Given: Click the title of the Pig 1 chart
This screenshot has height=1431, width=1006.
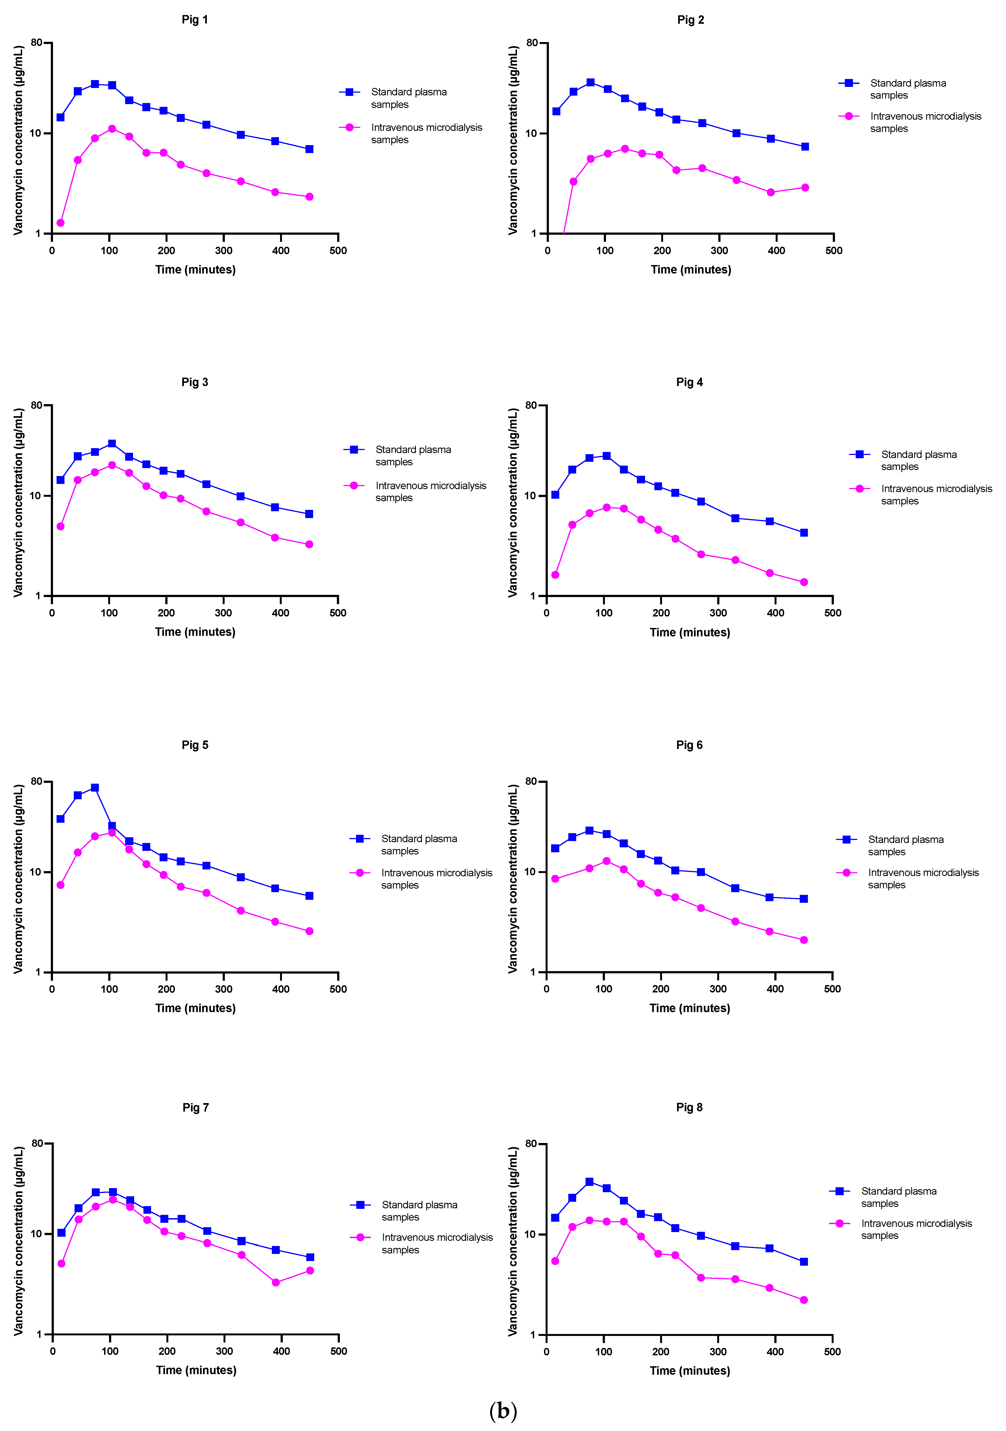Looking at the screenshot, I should click(195, 20).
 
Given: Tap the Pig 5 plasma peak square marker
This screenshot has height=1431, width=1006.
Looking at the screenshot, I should click(95, 788).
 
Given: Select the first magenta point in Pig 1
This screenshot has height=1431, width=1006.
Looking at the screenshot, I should click(60, 222).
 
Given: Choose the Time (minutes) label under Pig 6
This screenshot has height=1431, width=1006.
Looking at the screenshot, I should click(689, 1008).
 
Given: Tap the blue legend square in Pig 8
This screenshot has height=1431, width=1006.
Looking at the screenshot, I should click(840, 1191).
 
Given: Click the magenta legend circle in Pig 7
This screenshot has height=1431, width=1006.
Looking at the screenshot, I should click(360, 1237).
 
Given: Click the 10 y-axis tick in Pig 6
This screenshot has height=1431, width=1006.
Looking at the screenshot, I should click(530, 872).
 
